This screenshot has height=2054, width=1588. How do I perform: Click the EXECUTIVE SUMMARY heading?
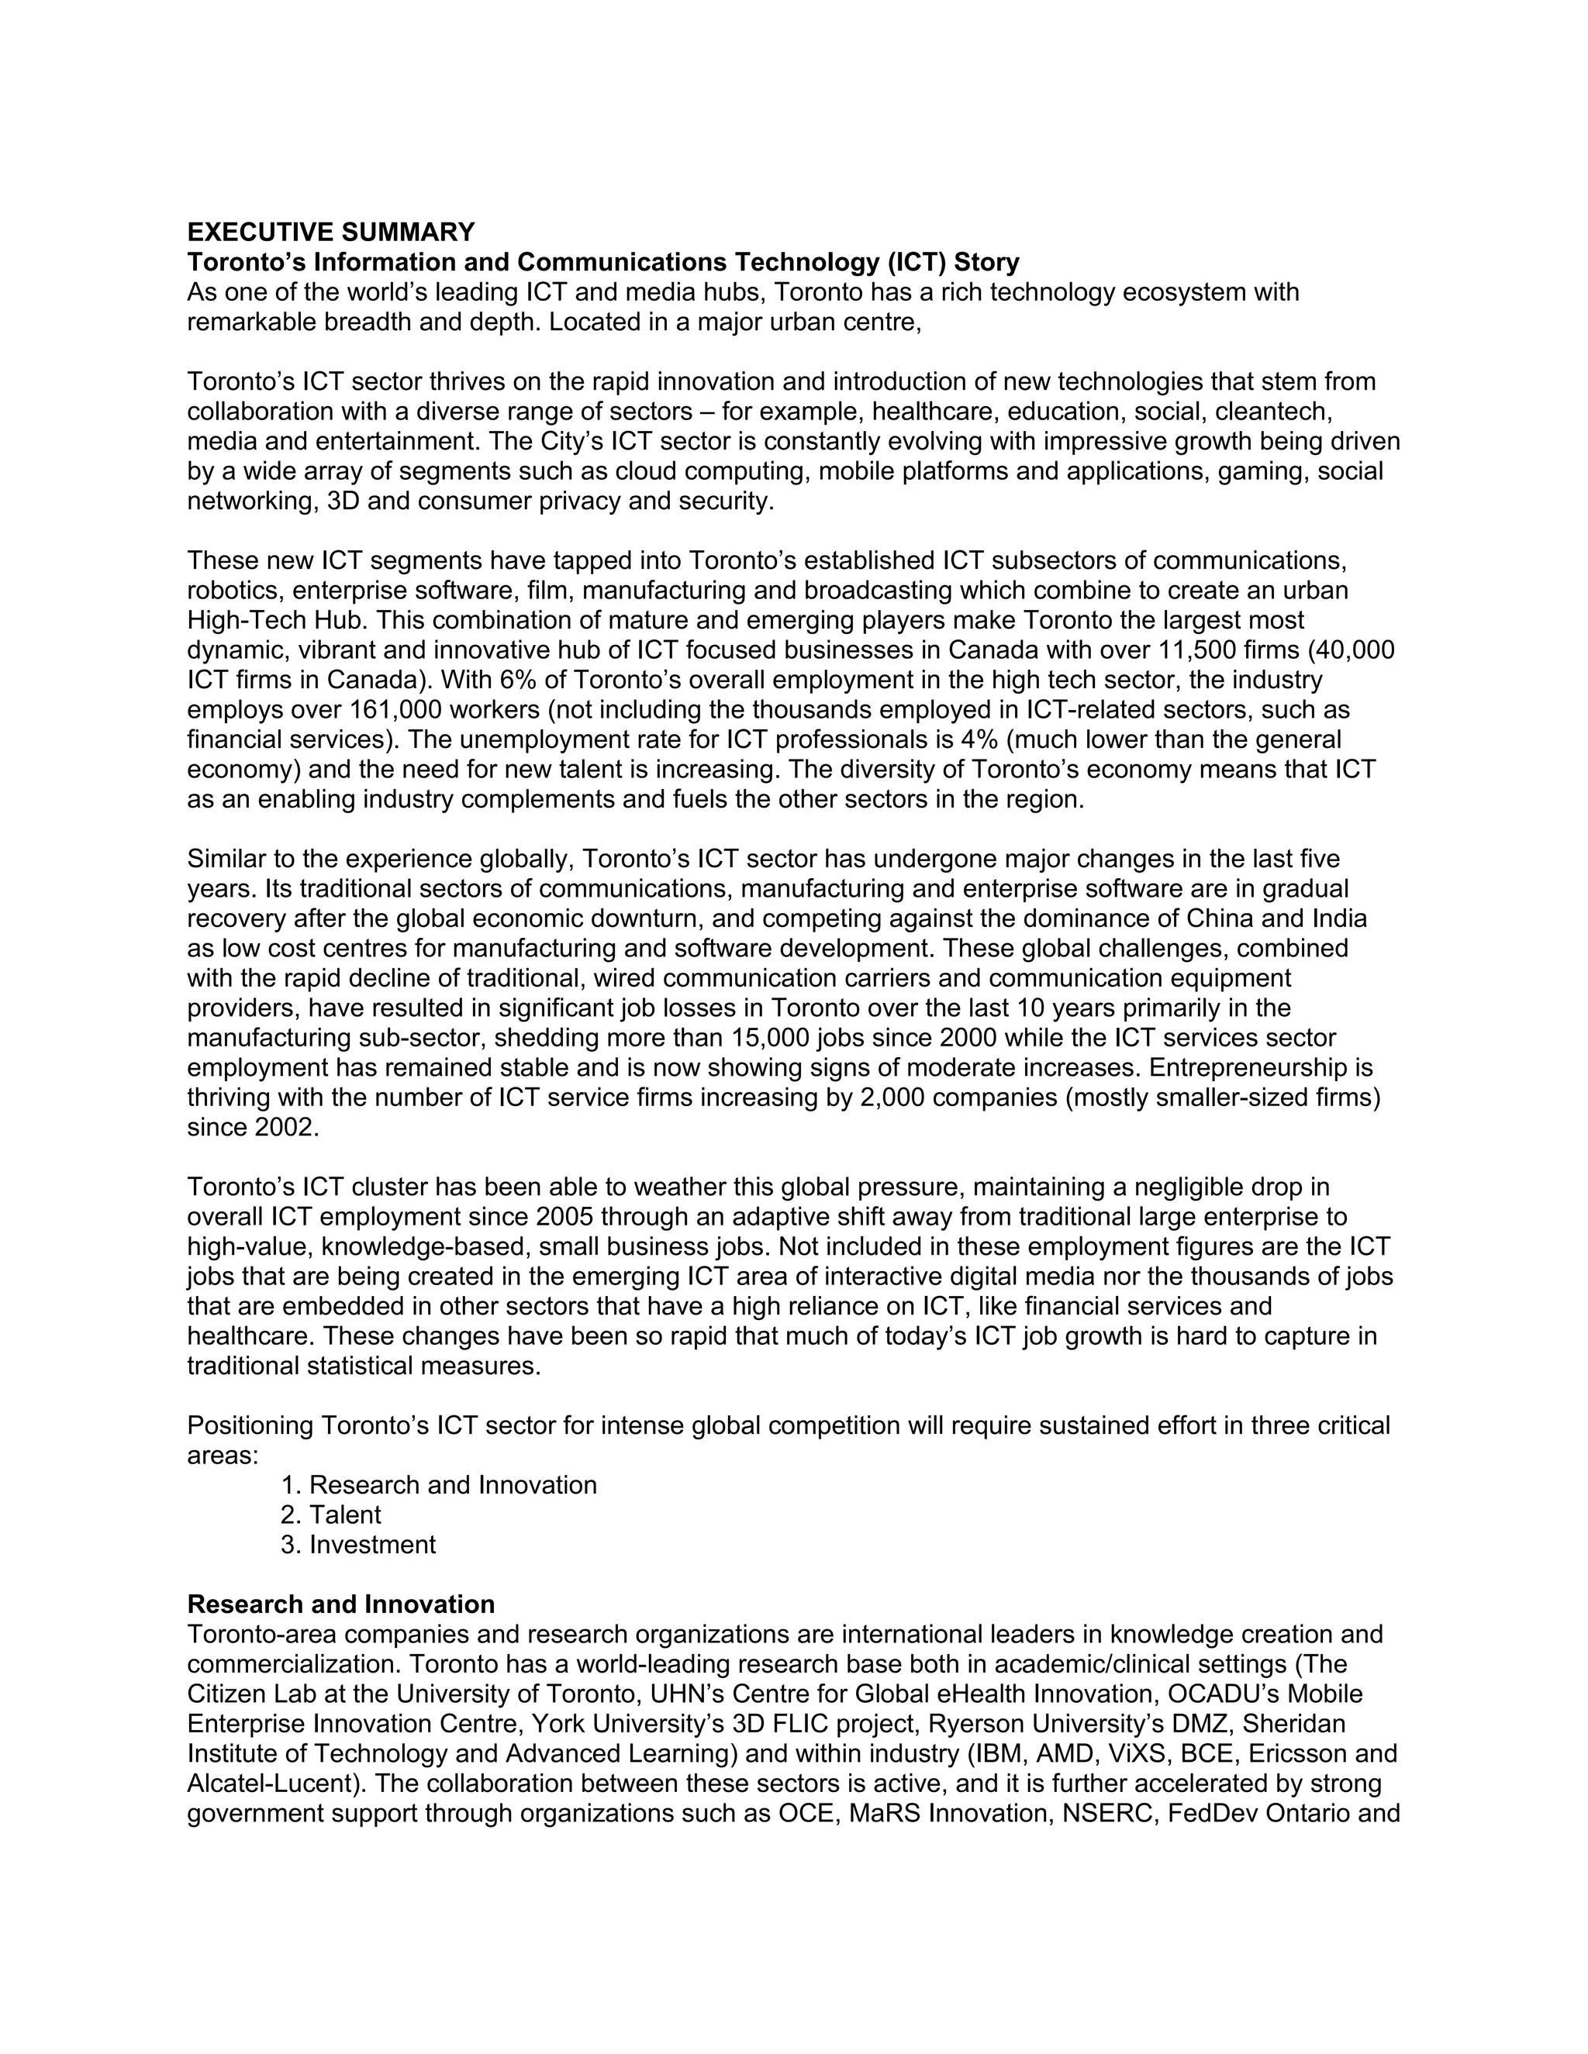click(331, 233)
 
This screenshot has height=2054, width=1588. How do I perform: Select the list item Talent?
click(344, 1515)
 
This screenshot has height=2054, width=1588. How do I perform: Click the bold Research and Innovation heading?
click(340, 1604)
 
